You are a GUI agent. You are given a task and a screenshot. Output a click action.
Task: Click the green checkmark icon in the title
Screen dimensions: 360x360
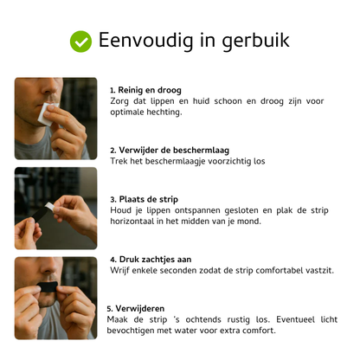[80, 41]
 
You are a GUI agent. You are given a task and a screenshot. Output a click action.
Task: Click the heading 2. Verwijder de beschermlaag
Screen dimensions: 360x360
[168, 151]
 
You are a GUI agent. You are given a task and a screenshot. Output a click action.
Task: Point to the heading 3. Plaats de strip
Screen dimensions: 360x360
[144, 199]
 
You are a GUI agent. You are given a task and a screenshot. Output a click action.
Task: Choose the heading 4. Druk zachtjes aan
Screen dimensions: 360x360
[151, 260]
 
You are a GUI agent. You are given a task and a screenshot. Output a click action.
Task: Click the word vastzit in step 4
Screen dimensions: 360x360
[313, 271]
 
